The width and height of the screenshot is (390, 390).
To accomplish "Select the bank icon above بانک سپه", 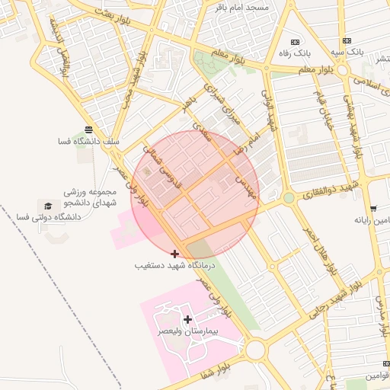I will pyautogui.click(x=347, y=40).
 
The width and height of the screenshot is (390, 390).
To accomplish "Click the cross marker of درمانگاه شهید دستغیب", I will pyautogui.click(x=175, y=253).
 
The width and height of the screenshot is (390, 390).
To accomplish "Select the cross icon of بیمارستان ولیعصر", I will pyautogui.click(x=188, y=320).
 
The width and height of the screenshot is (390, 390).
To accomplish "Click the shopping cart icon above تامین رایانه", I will pyautogui.click(x=373, y=208).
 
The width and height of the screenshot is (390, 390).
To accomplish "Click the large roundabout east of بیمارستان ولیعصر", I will pyautogui.click(x=255, y=350).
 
